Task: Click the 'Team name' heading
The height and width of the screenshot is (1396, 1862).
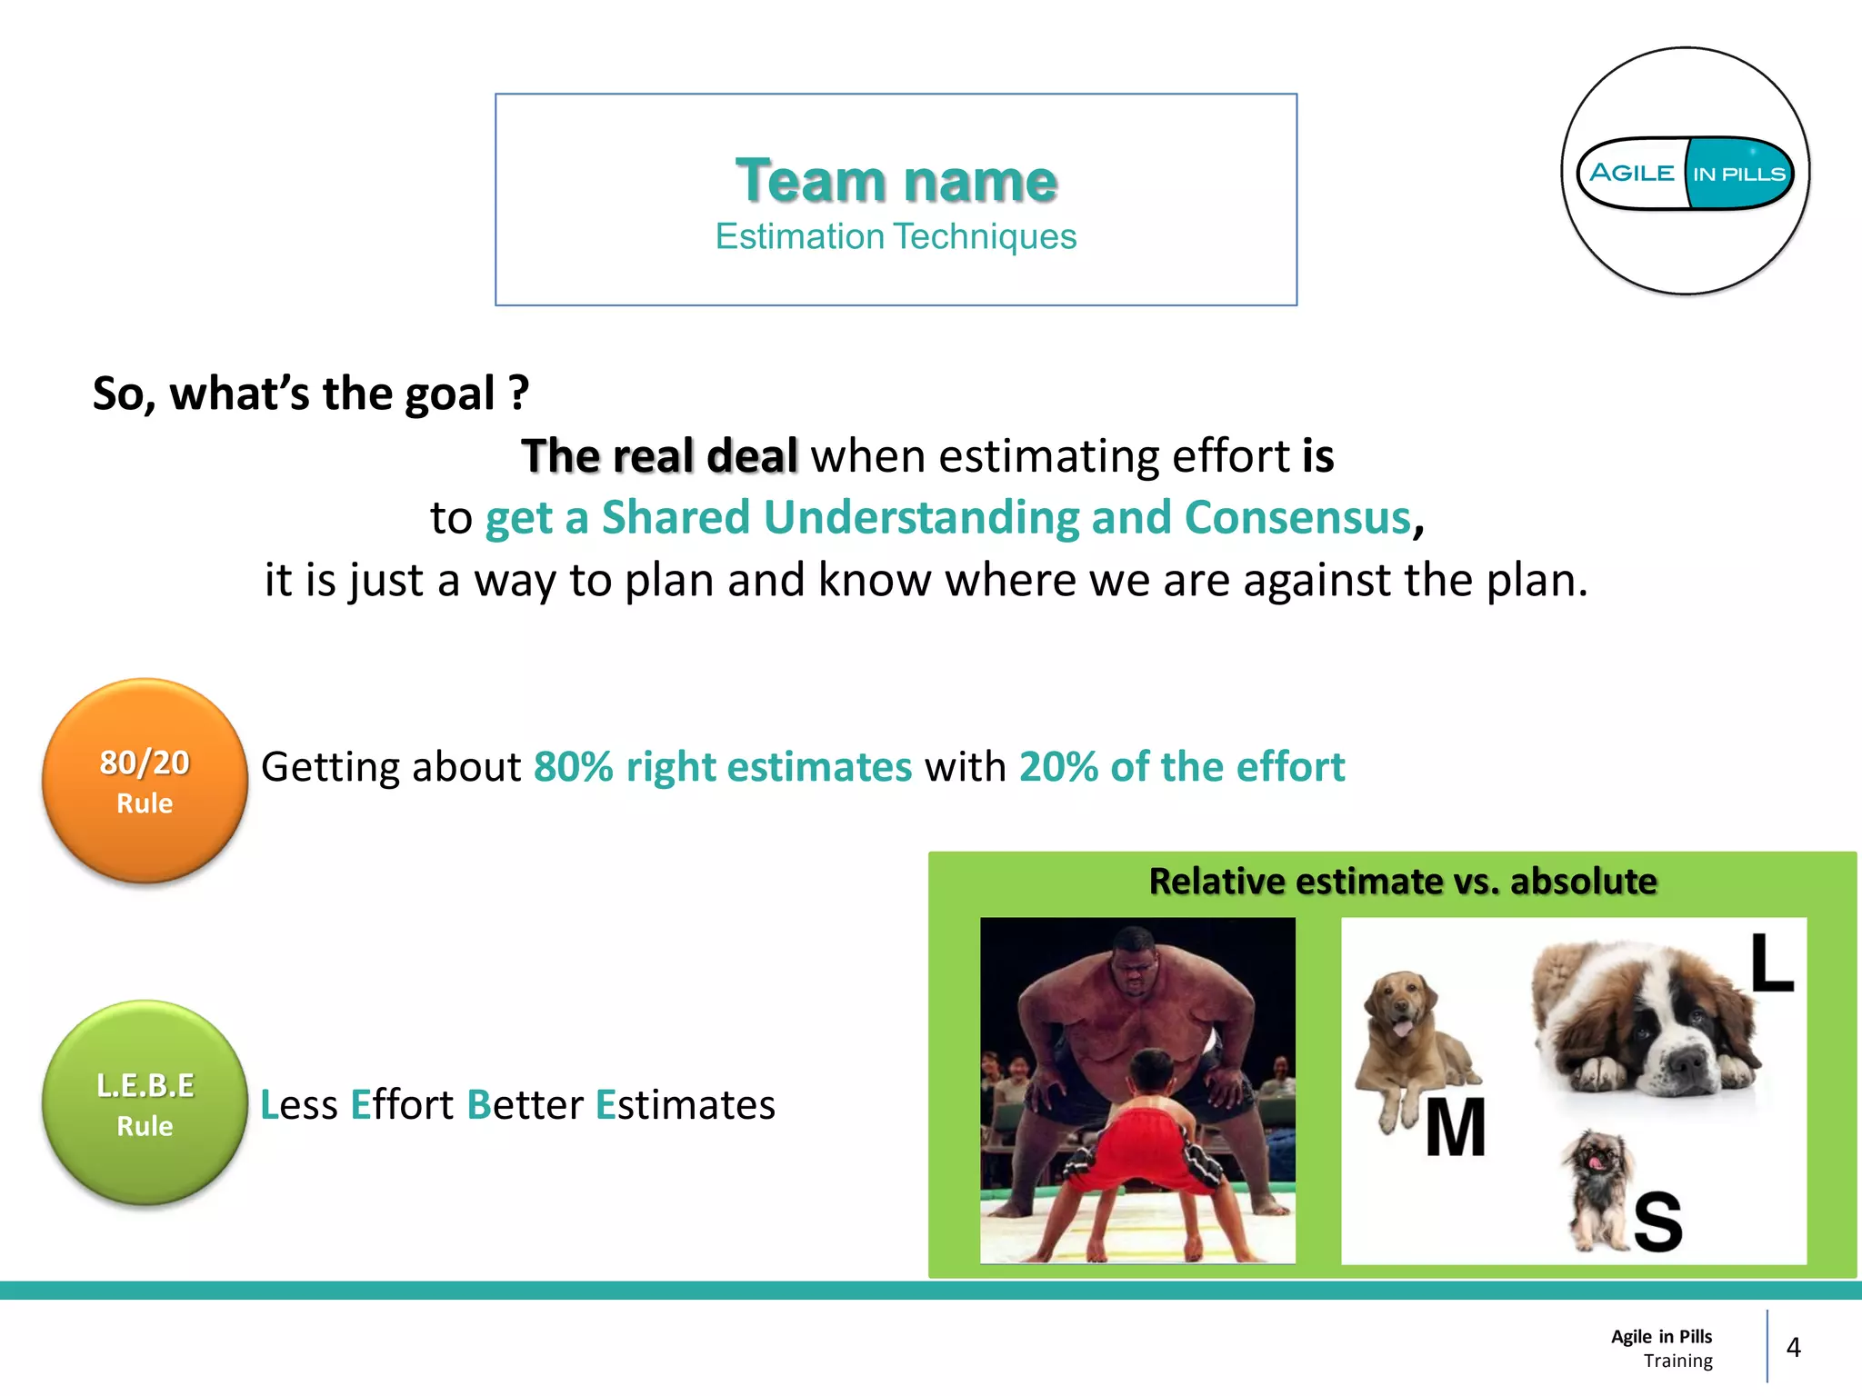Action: (x=896, y=180)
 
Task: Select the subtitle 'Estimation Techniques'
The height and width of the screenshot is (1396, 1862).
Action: (x=896, y=237)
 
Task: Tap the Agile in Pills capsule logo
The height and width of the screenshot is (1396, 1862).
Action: (x=1686, y=173)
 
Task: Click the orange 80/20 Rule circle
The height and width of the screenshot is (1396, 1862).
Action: (x=145, y=781)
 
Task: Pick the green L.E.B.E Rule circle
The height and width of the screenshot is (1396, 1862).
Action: (x=145, y=1103)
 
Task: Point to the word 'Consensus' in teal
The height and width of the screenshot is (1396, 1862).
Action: (x=1297, y=518)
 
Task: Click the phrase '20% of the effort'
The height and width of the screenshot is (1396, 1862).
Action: (x=1181, y=767)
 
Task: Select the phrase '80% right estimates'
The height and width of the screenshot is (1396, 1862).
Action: (x=723, y=767)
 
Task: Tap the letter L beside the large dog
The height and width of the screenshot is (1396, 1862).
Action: (x=1771, y=962)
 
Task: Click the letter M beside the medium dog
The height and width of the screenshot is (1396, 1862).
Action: (x=1455, y=1128)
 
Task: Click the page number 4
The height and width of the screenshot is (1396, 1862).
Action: (x=1793, y=1347)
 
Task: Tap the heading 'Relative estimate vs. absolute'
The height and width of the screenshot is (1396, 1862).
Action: (x=1403, y=882)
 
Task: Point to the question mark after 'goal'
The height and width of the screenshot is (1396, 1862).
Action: (x=518, y=394)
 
